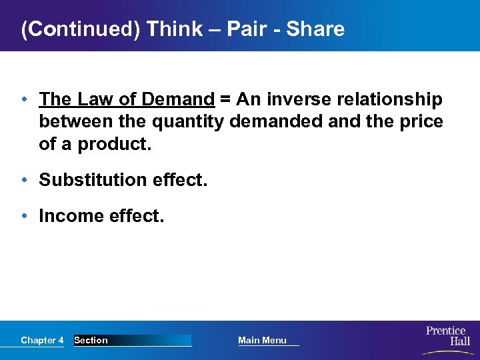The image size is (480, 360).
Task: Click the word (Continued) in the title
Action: [x=81, y=29]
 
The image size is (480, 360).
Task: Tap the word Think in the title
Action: [x=175, y=29]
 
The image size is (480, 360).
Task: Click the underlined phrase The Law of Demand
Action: [x=127, y=100]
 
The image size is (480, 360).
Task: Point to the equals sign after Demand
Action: [x=225, y=100]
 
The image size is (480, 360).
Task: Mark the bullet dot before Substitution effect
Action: [x=24, y=180]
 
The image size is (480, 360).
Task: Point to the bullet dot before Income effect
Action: [x=24, y=216]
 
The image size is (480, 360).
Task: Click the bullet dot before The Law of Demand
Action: [x=24, y=100]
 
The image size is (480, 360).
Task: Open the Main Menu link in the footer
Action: [x=263, y=341]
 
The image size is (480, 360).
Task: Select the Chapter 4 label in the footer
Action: [x=42, y=341]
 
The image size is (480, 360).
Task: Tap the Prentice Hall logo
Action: [x=447, y=336]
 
